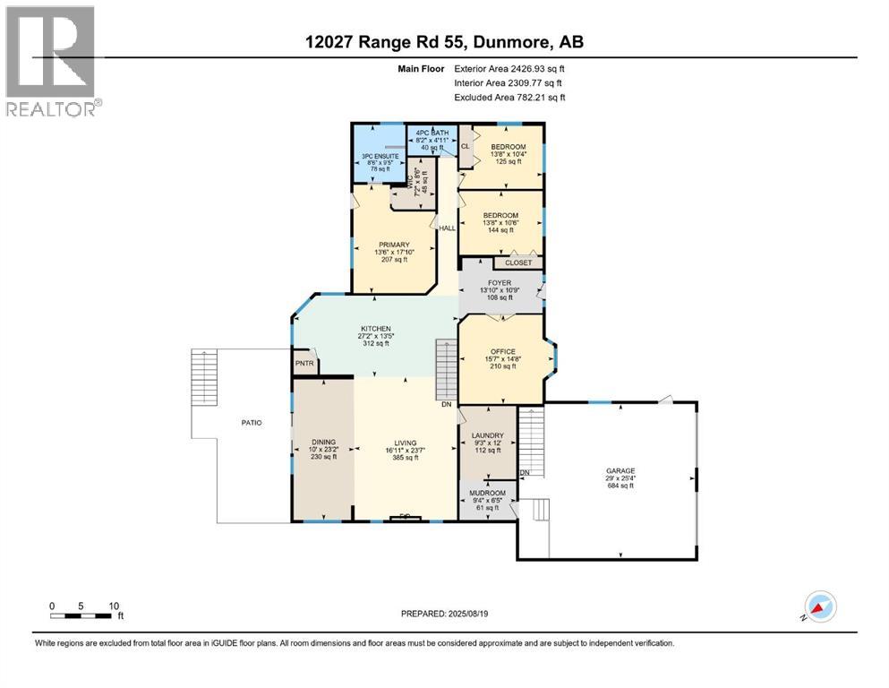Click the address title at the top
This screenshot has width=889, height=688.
(x=444, y=42)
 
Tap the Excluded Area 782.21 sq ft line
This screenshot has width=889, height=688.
(x=509, y=98)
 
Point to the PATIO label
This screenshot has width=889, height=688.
(x=251, y=422)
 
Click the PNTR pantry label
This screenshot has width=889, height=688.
(x=304, y=364)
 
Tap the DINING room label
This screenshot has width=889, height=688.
(x=323, y=442)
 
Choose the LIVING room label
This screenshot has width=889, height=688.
(x=406, y=442)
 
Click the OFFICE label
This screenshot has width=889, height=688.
(x=501, y=351)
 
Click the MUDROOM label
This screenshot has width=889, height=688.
(x=488, y=493)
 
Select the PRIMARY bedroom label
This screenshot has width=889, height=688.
(x=393, y=245)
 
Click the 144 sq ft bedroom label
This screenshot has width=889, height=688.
(x=500, y=215)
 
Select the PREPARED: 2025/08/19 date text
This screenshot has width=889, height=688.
(x=444, y=614)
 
